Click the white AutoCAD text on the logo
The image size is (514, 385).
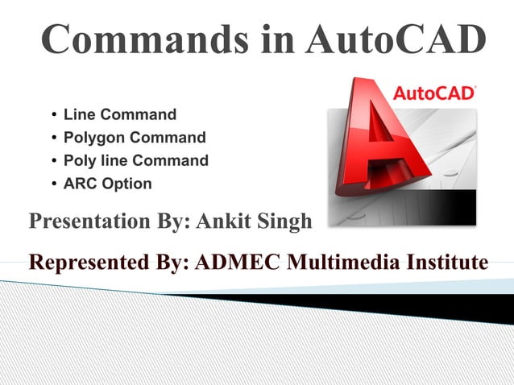click(x=433, y=93)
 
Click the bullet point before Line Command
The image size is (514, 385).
click(x=52, y=115)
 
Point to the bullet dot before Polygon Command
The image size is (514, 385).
click(x=52, y=138)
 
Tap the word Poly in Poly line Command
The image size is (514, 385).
click(x=79, y=160)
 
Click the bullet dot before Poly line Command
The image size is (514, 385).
click(x=52, y=160)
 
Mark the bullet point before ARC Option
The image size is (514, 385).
click(x=52, y=183)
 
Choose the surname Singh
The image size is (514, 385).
click(x=283, y=221)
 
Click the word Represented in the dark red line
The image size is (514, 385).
click(x=89, y=263)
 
